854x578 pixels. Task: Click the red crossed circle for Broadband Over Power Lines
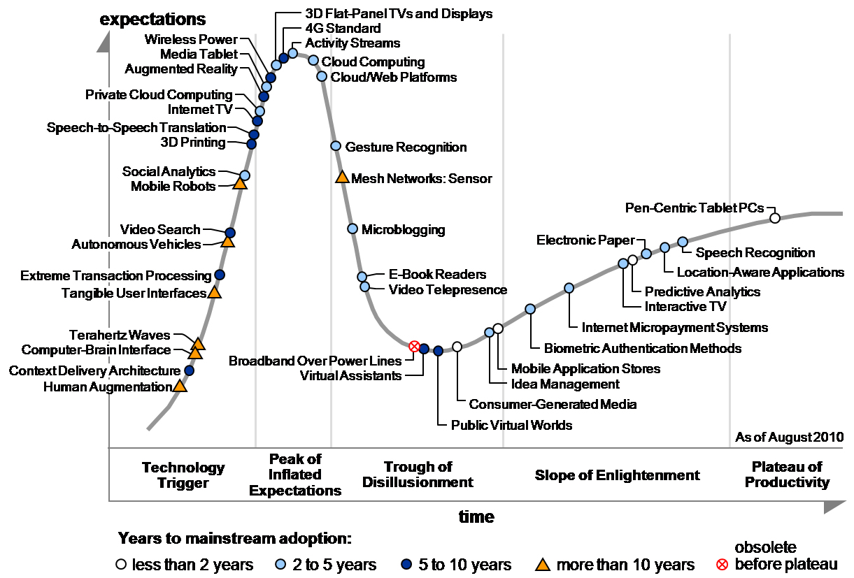tap(414, 347)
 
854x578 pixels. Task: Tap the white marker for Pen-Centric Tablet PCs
tap(775, 218)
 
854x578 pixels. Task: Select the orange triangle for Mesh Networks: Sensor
tap(342, 177)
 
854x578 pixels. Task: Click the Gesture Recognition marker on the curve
tap(336, 146)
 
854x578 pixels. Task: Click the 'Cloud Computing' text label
tap(373, 62)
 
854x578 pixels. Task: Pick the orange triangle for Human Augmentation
tap(180, 386)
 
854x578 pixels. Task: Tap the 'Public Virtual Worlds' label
tap(511, 425)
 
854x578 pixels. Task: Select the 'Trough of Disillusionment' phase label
tap(418, 475)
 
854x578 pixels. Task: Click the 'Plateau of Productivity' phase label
tap(787, 475)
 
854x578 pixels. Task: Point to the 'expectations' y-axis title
tap(153, 19)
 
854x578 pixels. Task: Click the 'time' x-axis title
tap(476, 517)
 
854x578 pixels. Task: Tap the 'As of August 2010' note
tap(789, 438)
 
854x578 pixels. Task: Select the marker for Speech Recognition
tap(683, 242)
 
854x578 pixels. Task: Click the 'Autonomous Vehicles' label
tap(136, 245)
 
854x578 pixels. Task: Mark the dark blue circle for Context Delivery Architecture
tap(189, 370)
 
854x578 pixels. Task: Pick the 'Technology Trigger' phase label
tap(183, 475)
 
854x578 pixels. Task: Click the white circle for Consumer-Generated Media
tap(457, 347)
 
